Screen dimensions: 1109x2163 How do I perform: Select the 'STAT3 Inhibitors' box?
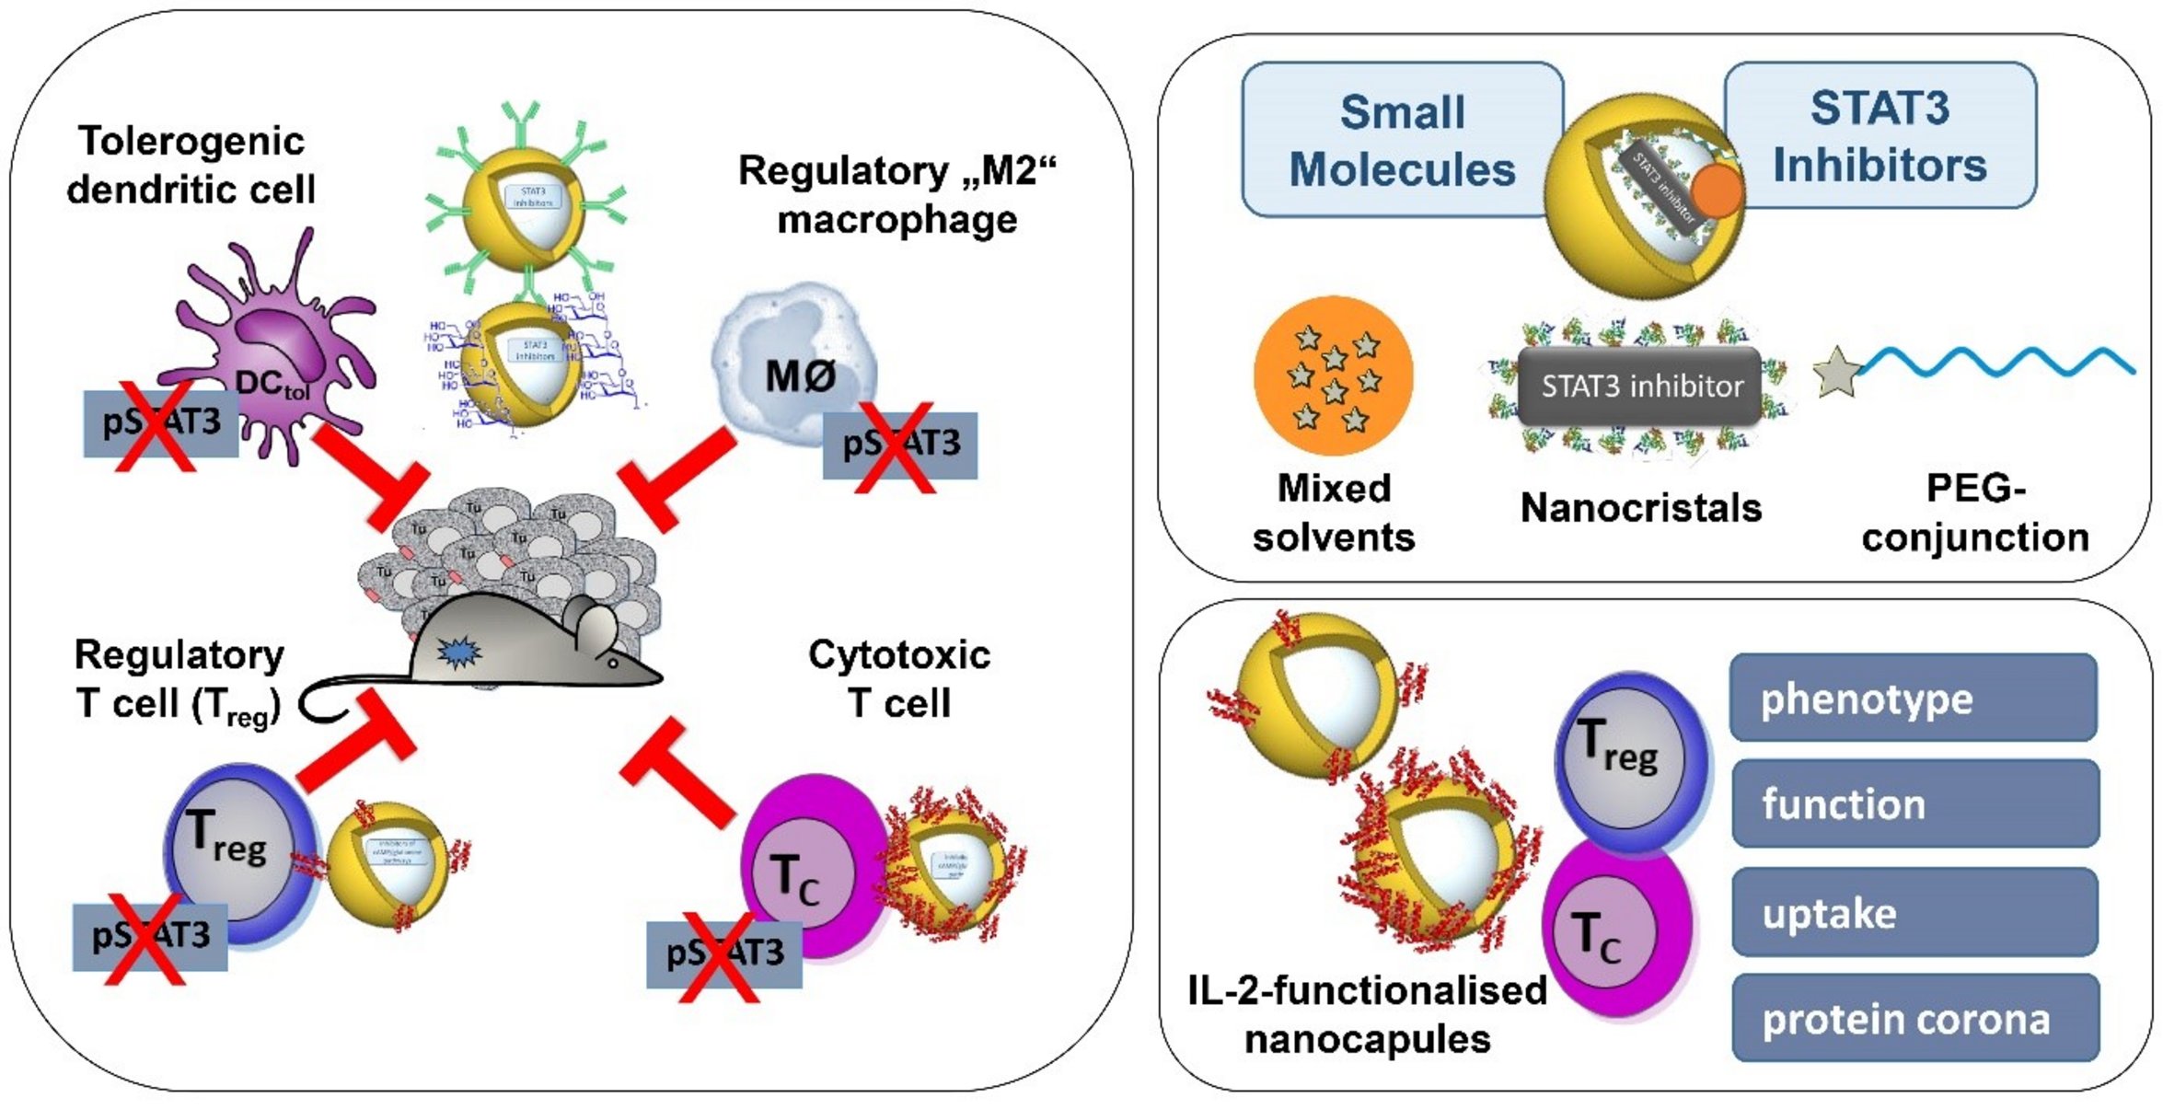[1880, 135]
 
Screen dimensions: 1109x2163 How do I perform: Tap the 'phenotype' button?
[1913, 698]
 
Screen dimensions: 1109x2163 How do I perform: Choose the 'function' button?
[1914, 803]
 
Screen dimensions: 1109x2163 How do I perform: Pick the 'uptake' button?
[1914, 912]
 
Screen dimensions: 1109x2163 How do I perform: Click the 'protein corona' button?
[1914, 1018]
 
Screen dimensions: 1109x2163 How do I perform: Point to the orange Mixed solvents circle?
[1333, 375]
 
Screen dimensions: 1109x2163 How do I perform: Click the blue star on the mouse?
[457, 652]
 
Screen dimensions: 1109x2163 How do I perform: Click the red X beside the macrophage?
[895, 447]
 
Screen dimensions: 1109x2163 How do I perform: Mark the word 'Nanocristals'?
[1640, 507]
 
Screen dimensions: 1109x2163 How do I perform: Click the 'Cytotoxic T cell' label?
[899, 678]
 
